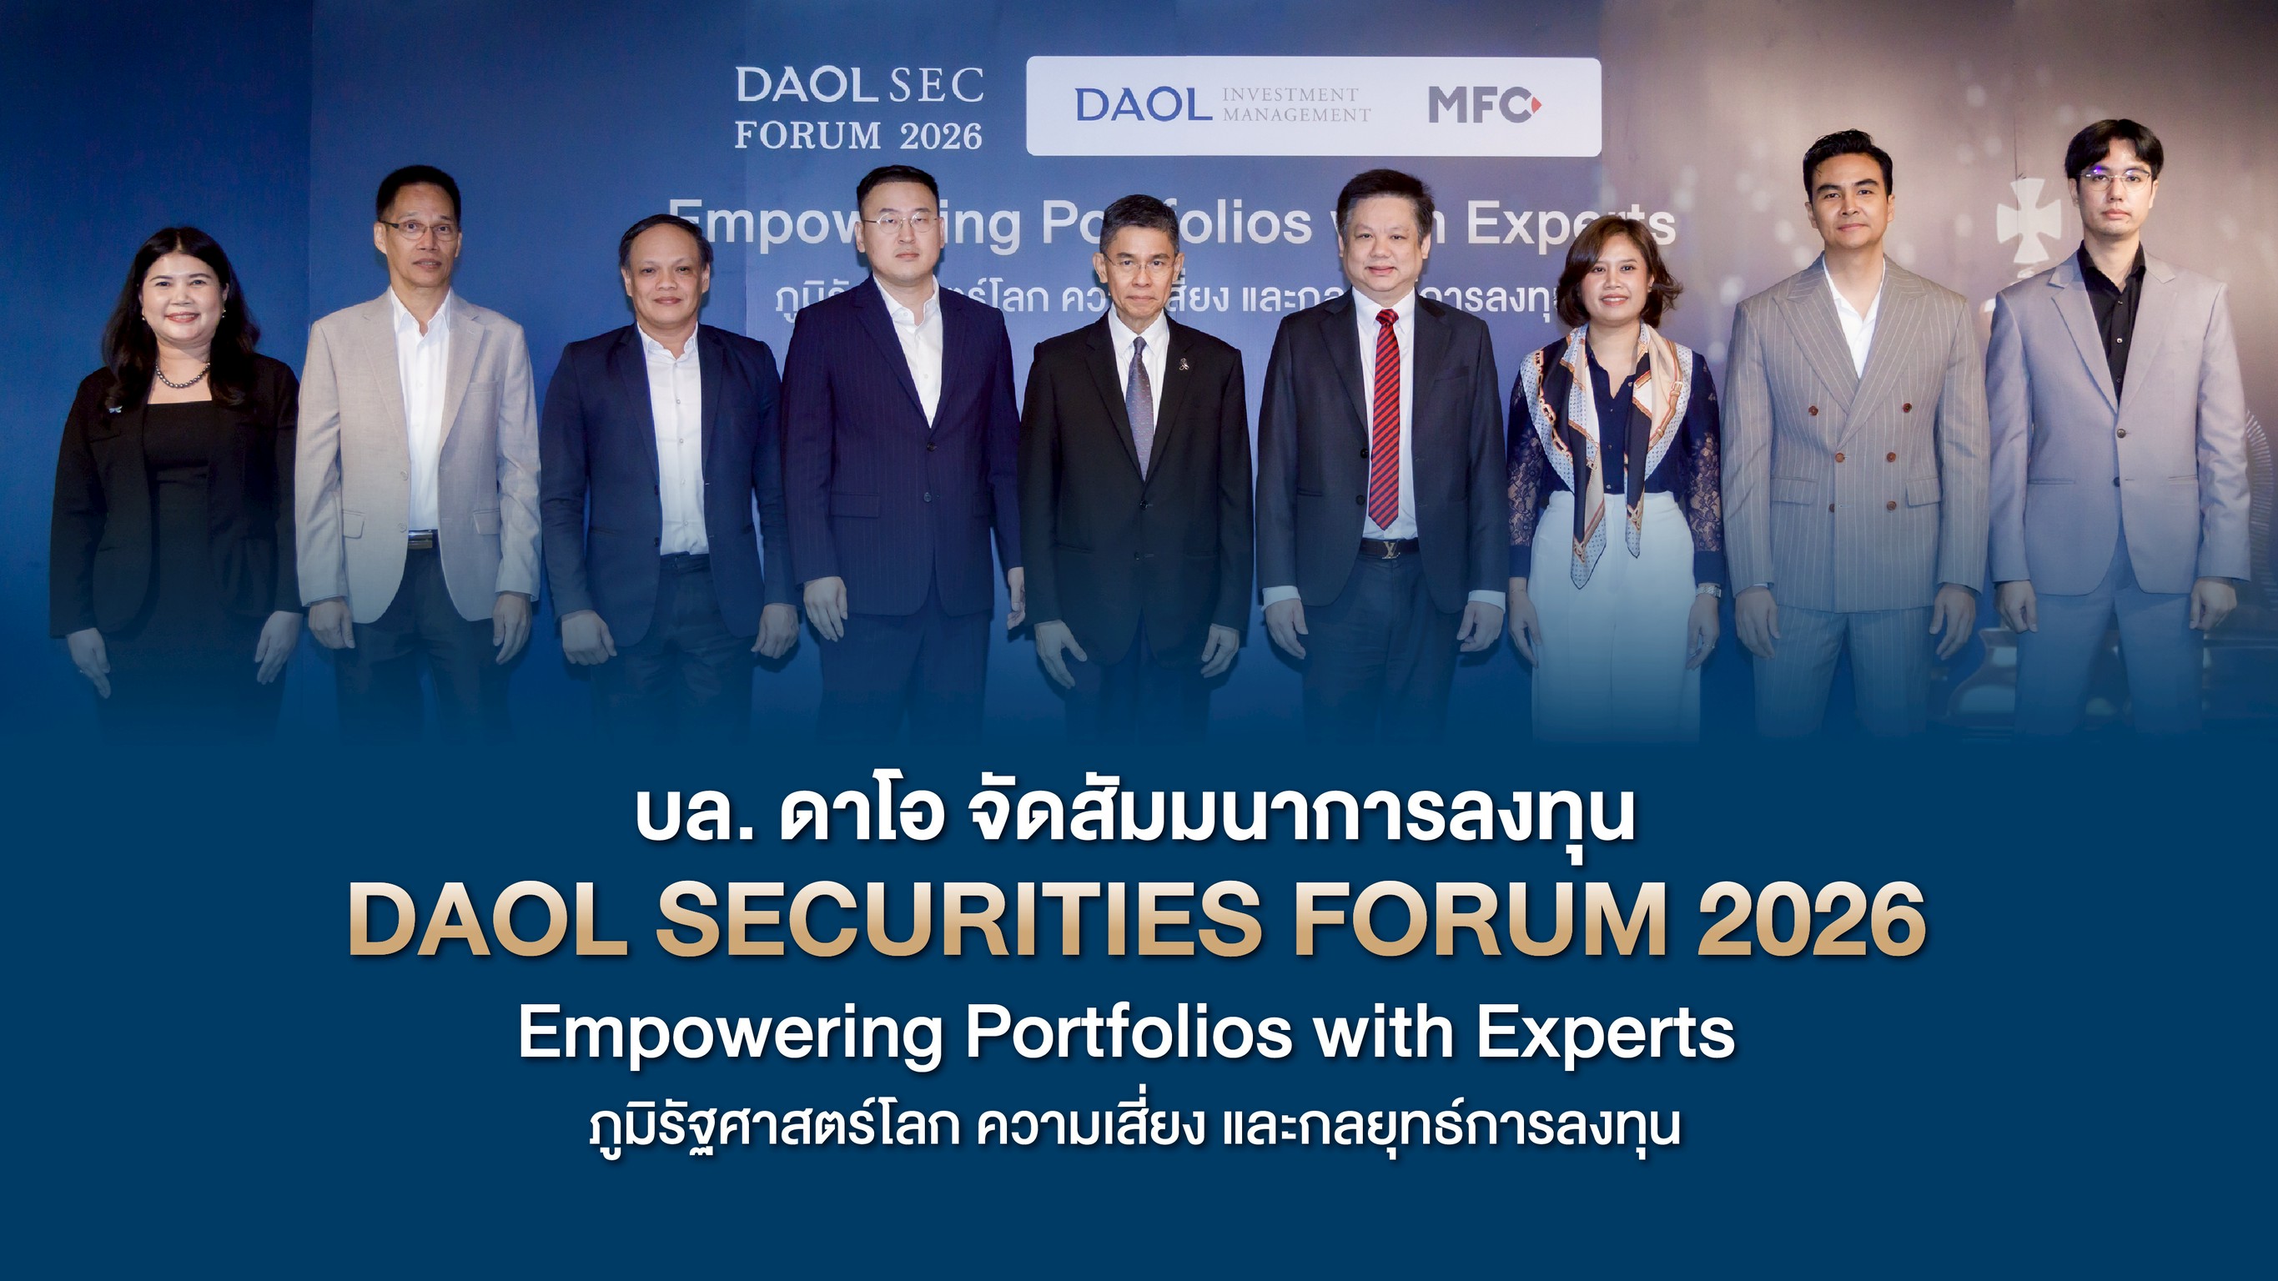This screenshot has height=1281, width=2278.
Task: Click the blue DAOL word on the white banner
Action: click(1143, 105)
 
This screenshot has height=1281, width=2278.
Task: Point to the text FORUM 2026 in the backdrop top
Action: click(857, 135)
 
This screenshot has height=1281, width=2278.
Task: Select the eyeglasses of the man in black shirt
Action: click(2115, 179)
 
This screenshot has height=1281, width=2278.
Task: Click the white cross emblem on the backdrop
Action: click(2027, 221)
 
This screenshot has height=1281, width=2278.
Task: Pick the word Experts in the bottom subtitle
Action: click(1605, 1032)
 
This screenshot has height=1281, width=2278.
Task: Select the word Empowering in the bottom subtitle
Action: click(731, 1032)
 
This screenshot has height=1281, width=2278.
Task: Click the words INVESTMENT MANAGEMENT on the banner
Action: click(1295, 105)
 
